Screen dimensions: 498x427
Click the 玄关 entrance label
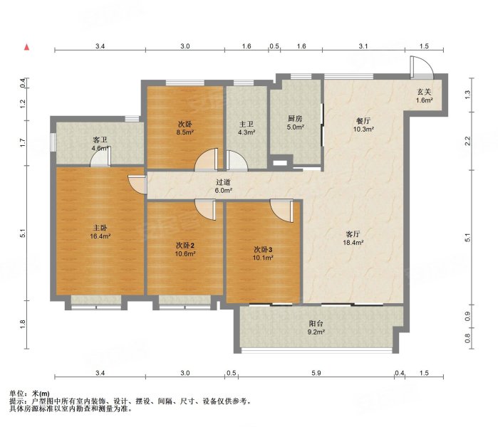click(x=424, y=92)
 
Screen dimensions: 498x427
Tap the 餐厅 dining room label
click(x=363, y=121)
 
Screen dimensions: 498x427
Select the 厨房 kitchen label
click(x=295, y=119)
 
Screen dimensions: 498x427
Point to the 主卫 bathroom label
click(x=246, y=124)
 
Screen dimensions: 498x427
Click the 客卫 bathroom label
click(x=100, y=140)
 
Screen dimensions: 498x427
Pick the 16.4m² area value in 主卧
click(x=100, y=236)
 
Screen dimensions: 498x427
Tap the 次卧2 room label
click(x=185, y=246)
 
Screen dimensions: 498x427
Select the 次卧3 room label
click(x=263, y=249)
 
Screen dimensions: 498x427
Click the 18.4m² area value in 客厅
click(x=353, y=243)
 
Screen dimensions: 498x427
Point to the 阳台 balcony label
click(x=316, y=324)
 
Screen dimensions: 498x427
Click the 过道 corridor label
click(x=223, y=182)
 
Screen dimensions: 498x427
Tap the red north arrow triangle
click(x=27, y=47)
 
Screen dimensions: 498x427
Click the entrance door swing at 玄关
click(x=422, y=68)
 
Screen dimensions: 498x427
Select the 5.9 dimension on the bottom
click(x=316, y=373)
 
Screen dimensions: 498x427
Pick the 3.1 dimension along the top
click(x=363, y=46)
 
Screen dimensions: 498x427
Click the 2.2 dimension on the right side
click(x=467, y=140)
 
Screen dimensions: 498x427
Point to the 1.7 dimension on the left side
click(x=23, y=143)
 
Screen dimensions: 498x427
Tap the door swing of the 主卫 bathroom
click(x=237, y=161)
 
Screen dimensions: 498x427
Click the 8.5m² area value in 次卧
click(x=185, y=132)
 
